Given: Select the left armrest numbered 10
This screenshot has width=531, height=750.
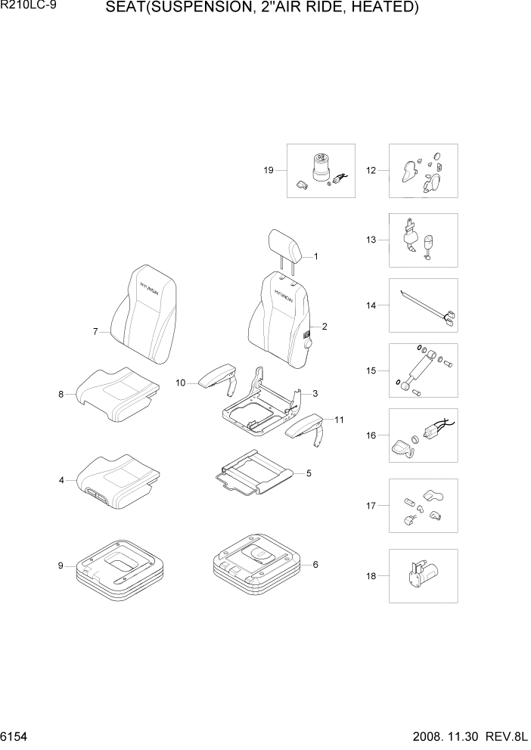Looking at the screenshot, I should [x=219, y=377].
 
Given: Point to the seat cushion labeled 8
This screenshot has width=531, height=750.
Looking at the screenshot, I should [x=117, y=395].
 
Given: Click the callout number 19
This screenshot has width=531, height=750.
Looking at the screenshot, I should [x=269, y=170].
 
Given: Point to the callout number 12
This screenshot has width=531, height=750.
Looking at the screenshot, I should [x=371, y=170].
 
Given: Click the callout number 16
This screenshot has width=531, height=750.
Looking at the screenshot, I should [x=371, y=436].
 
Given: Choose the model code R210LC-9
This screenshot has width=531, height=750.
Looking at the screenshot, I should [x=25, y=8].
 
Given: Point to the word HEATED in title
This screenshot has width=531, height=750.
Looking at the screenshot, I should [x=385, y=8].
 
